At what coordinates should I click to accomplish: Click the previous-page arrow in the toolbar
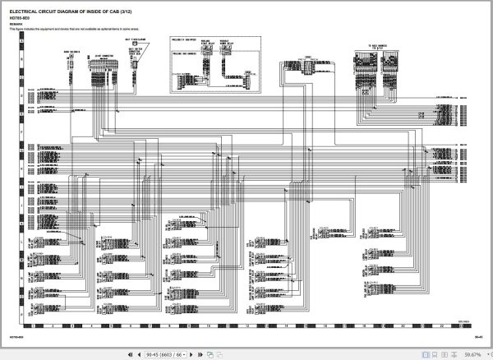coord(138,354)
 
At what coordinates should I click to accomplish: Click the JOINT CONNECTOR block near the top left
coord(103,58)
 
